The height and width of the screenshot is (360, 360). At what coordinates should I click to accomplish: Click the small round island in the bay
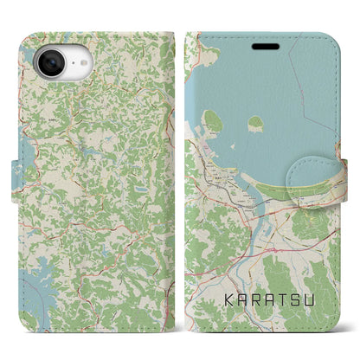(x=256, y=124)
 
